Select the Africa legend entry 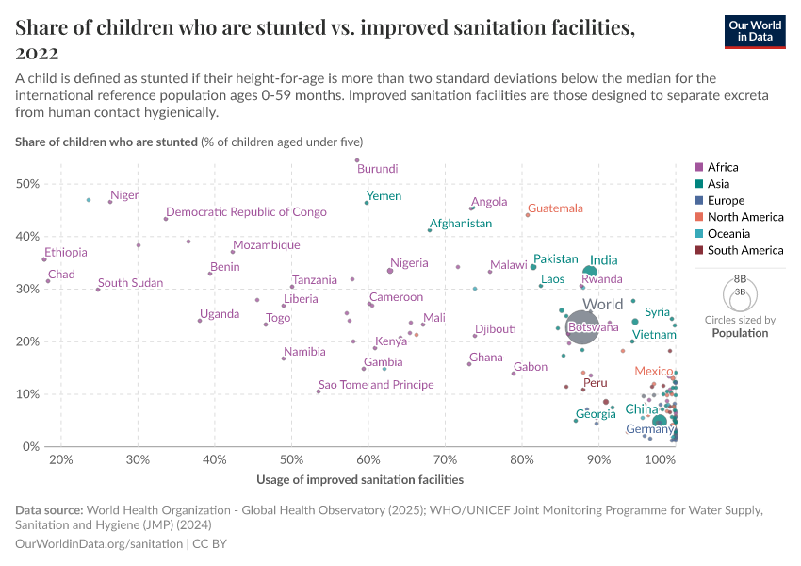point(722,167)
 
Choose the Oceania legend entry point(725,233)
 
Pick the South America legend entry point(744,250)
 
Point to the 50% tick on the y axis point(28,183)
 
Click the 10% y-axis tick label point(28,393)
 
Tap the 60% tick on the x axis point(368,459)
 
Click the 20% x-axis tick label point(61,459)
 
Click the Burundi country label point(377,169)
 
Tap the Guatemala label point(555,208)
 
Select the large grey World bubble point(582,327)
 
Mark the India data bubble point(590,272)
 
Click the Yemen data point point(367,202)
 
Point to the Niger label point(124,195)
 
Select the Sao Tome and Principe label point(376,385)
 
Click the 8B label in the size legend point(740,280)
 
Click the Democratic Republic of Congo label point(246,212)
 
